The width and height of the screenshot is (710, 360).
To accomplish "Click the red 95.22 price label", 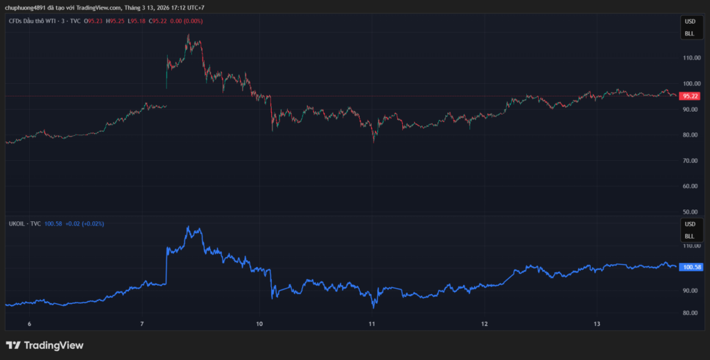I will click(x=690, y=96).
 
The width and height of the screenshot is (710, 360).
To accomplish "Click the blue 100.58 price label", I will click(x=692, y=267).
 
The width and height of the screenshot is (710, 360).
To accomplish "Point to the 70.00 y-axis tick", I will click(x=691, y=160).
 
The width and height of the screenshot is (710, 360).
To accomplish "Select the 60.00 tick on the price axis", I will click(x=691, y=186).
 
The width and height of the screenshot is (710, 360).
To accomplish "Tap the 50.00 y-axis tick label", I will click(x=691, y=212).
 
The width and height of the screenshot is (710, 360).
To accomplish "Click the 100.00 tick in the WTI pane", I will click(x=691, y=83).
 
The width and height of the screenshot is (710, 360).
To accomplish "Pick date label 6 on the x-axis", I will click(x=29, y=324).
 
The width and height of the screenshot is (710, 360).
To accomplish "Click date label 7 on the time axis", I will click(x=141, y=324).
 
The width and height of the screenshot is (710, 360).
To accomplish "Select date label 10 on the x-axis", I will click(x=259, y=324).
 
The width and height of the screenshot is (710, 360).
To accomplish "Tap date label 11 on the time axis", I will click(x=372, y=324).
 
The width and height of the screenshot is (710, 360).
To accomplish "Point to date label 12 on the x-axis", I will click(x=485, y=324).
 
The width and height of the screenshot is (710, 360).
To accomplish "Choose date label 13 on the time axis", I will click(x=597, y=324).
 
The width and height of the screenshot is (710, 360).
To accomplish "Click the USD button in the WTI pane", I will click(x=690, y=22).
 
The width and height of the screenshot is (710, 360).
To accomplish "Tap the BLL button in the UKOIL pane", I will click(x=690, y=235).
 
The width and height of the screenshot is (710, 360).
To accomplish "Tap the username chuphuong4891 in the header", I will click(x=24, y=8).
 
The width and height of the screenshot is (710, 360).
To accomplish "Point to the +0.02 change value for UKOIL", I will click(x=73, y=224).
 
